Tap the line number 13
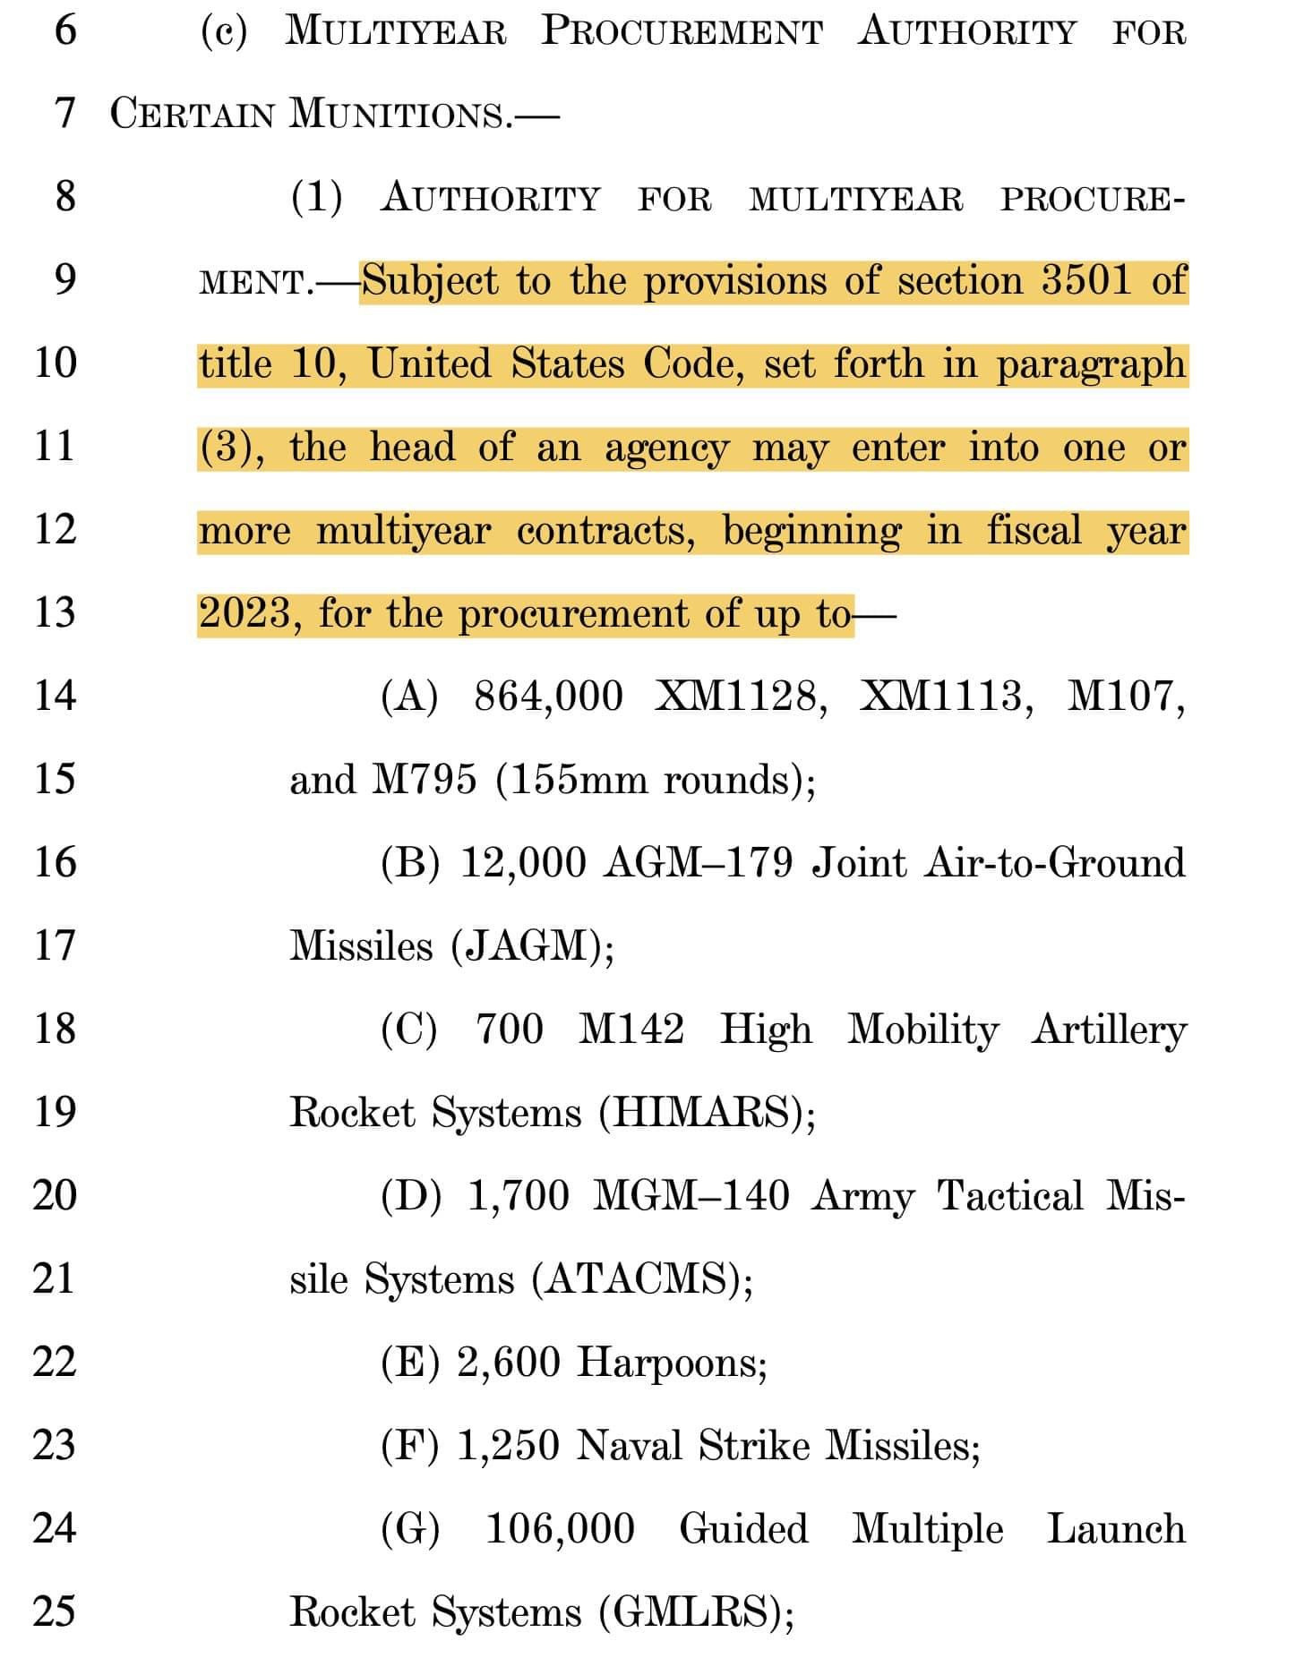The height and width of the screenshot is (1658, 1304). click(55, 612)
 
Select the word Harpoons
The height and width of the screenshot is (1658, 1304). click(670, 1362)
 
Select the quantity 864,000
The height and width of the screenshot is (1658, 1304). click(548, 696)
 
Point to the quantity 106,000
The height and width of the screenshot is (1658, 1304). click(560, 1528)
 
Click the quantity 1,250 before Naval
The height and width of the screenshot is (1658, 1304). click(508, 1445)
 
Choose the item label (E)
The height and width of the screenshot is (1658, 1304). click(409, 1362)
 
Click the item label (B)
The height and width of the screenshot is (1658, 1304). click(409, 862)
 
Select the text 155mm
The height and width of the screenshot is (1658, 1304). click(570, 779)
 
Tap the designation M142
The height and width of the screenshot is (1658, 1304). click(631, 1029)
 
